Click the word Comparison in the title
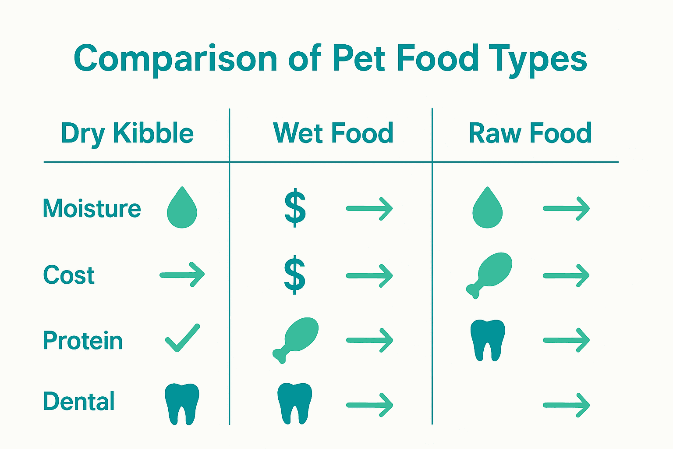(175, 59)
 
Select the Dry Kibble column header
(127, 133)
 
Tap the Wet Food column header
(333, 133)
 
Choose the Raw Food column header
(530, 133)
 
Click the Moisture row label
(92, 208)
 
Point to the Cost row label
(69, 275)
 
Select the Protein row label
(83, 341)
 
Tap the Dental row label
(79, 401)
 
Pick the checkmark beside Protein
(182, 339)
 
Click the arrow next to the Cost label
(182, 275)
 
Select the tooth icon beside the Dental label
(182, 404)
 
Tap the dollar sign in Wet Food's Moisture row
(295, 208)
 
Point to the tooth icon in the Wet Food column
(295, 403)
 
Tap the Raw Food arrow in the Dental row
(567, 405)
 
